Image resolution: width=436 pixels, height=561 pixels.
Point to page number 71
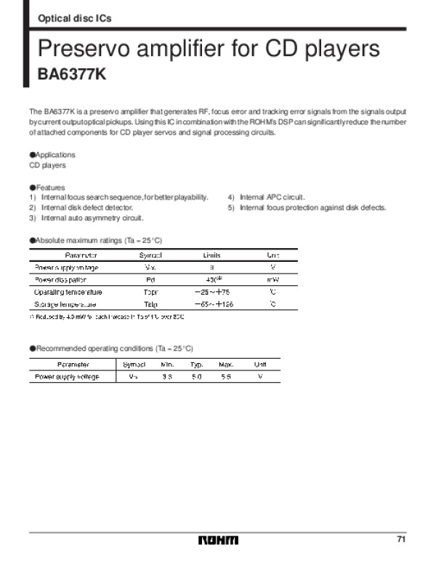pos(401,539)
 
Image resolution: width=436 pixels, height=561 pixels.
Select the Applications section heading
pos(52,155)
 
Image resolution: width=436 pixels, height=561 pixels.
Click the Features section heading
pos(48,187)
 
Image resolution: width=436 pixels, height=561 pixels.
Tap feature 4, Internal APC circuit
pos(267,197)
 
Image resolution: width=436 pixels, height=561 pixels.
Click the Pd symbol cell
pos(150,279)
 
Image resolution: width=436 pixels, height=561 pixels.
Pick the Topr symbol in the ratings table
pos(150,292)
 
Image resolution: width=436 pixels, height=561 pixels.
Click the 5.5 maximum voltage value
pos(225,376)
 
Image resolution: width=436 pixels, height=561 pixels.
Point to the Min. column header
pos(167,364)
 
